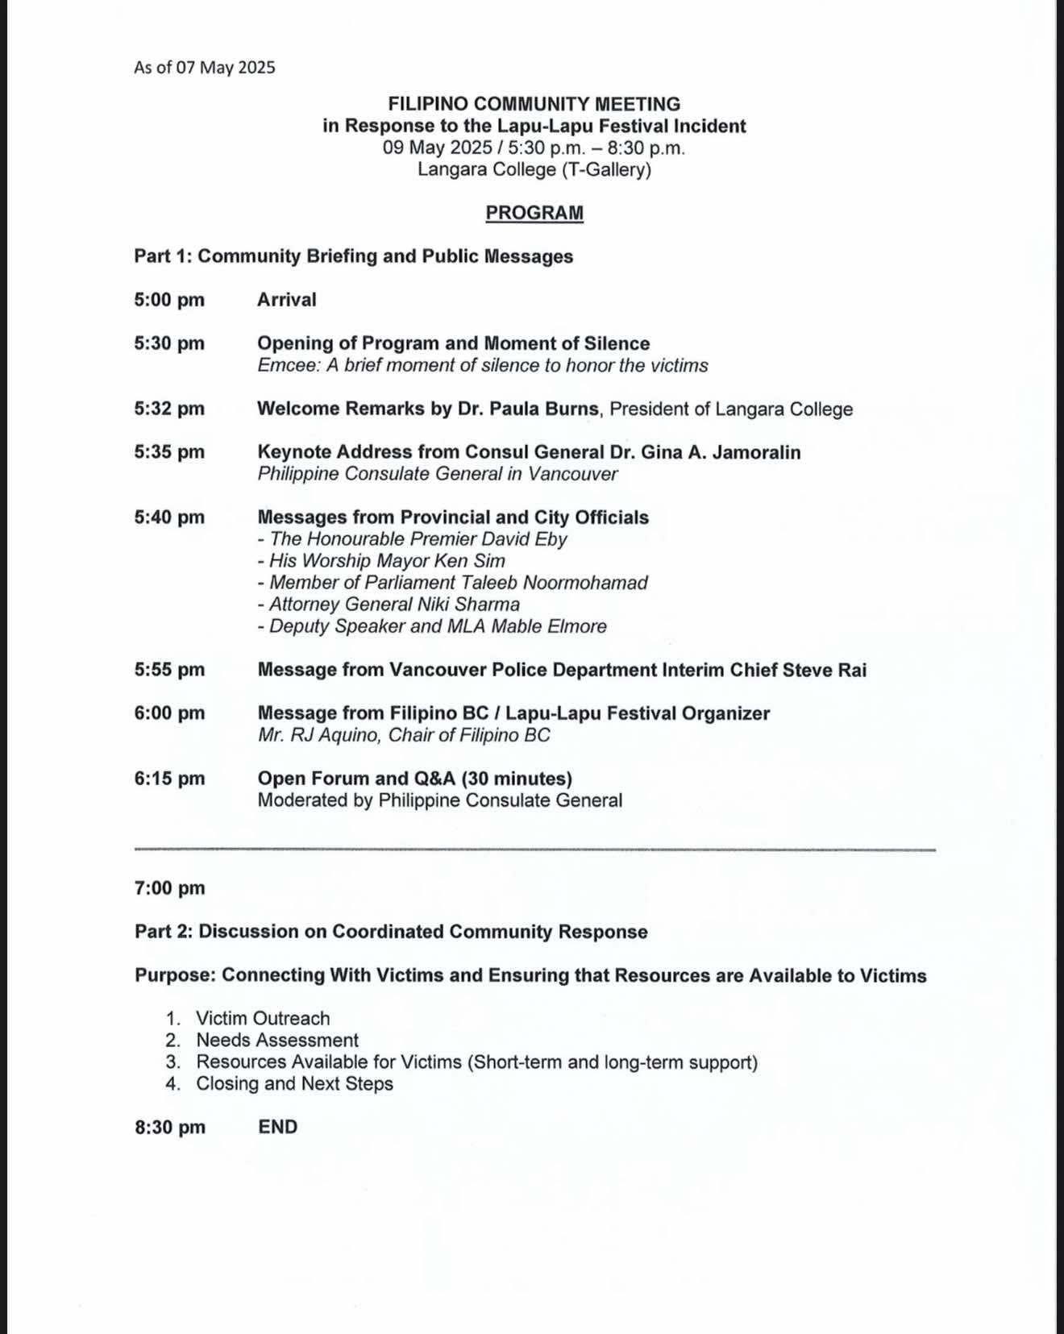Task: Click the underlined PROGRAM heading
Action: tap(534, 213)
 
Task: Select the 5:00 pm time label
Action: tap(169, 300)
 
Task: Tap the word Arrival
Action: tap(286, 300)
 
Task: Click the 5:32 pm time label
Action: tap(169, 409)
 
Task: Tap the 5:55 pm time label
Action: tap(169, 670)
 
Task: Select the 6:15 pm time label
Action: tap(169, 779)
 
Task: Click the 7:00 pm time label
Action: tap(169, 888)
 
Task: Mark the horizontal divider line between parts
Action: tap(534, 850)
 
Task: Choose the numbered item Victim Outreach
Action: tap(263, 1019)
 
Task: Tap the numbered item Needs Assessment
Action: tap(277, 1041)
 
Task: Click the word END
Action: tap(277, 1127)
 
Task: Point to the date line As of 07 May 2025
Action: tap(205, 68)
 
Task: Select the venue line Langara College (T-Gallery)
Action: tap(534, 169)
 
